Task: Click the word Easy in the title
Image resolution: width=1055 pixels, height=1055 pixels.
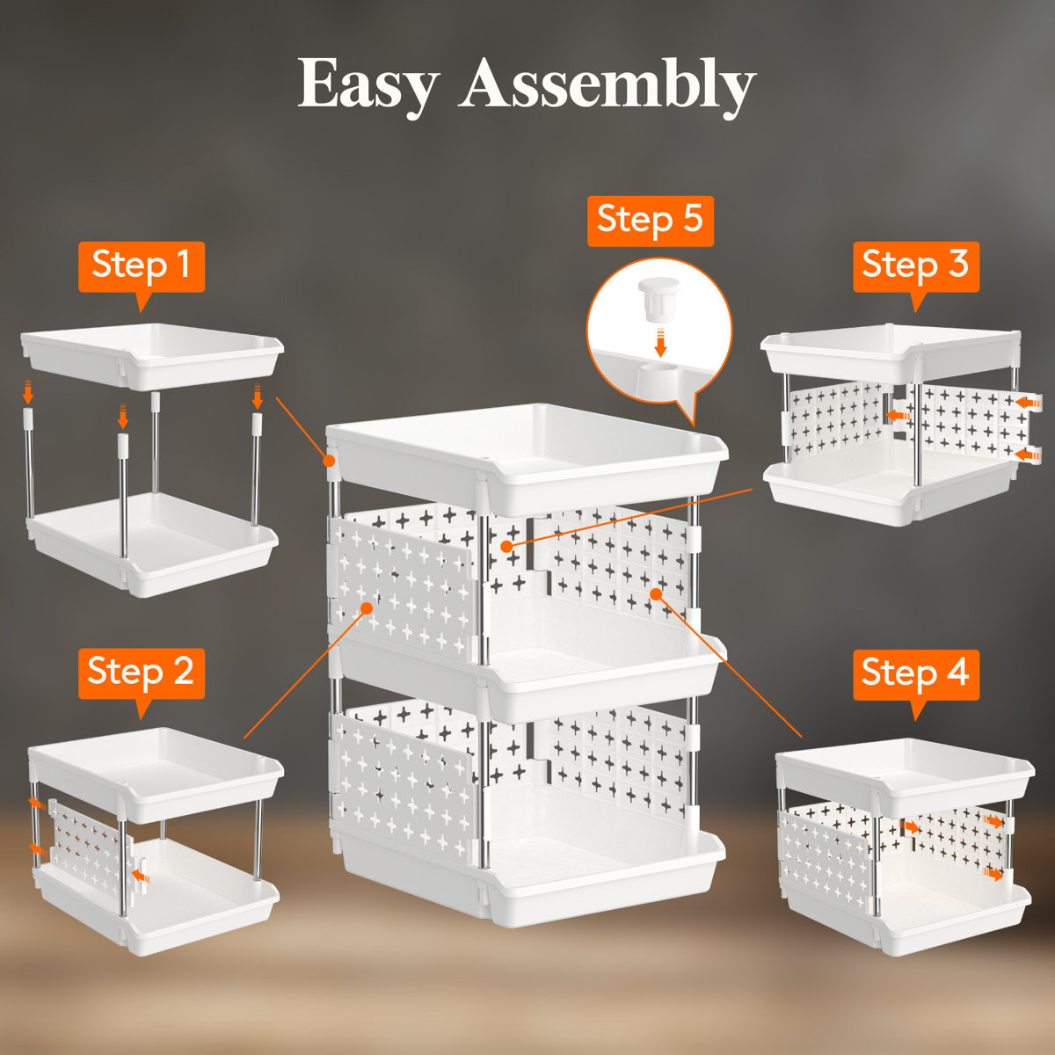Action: pyautogui.click(x=367, y=84)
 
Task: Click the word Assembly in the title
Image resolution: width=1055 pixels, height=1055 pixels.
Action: pyautogui.click(x=607, y=84)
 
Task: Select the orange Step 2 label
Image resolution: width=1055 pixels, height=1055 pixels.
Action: pyautogui.click(x=141, y=673)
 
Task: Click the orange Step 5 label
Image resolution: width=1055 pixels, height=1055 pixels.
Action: pyautogui.click(x=650, y=220)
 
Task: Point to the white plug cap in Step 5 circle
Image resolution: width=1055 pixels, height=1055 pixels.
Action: pyautogui.click(x=659, y=301)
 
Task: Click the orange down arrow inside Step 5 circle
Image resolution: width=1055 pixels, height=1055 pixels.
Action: pyautogui.click(x=660, y=342)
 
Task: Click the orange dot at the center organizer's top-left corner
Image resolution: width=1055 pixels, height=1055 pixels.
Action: pyautogui.click(x=330, y=460)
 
